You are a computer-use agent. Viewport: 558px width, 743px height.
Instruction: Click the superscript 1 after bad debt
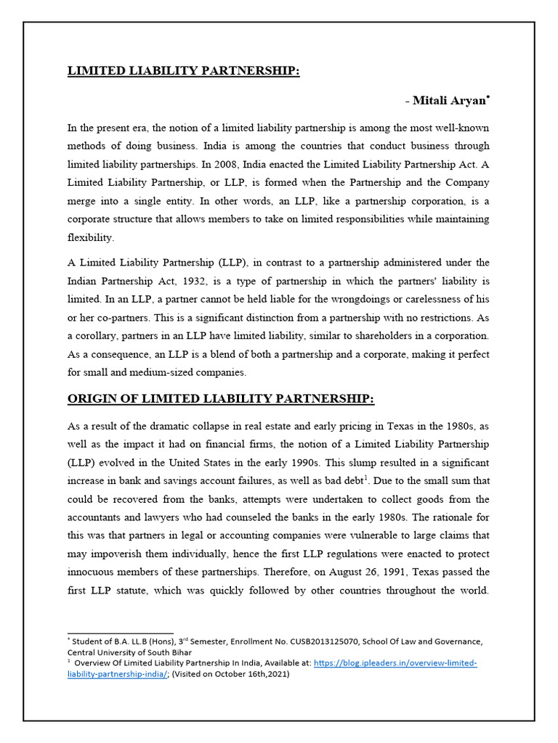(368, 477)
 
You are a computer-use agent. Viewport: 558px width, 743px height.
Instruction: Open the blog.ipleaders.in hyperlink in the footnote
(395, 663)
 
